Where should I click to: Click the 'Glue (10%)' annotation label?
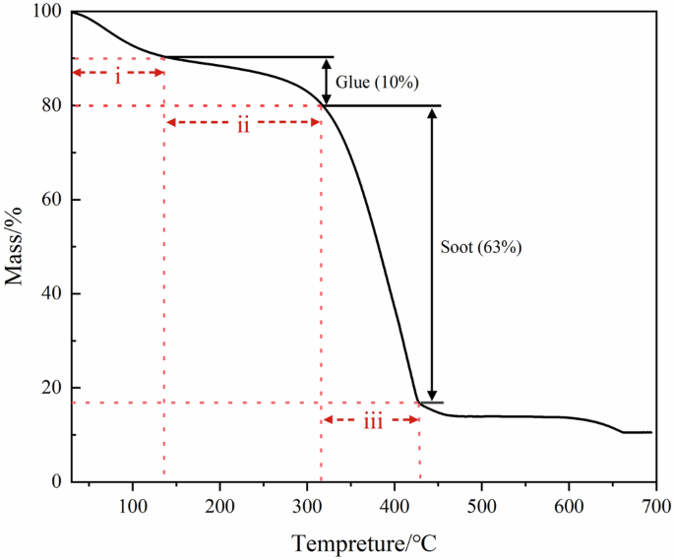[374, 82]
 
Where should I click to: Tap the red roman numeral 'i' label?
[118, 76]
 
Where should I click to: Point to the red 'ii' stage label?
[242, 125]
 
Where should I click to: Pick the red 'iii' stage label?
[372, 421]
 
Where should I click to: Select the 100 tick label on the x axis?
[133, 505]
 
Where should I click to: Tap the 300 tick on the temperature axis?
[307, 505]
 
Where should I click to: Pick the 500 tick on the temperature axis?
[481, 505]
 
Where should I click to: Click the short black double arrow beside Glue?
[327, 82]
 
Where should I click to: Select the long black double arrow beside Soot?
[433, 254]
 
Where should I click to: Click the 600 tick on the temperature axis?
[568, 505]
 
